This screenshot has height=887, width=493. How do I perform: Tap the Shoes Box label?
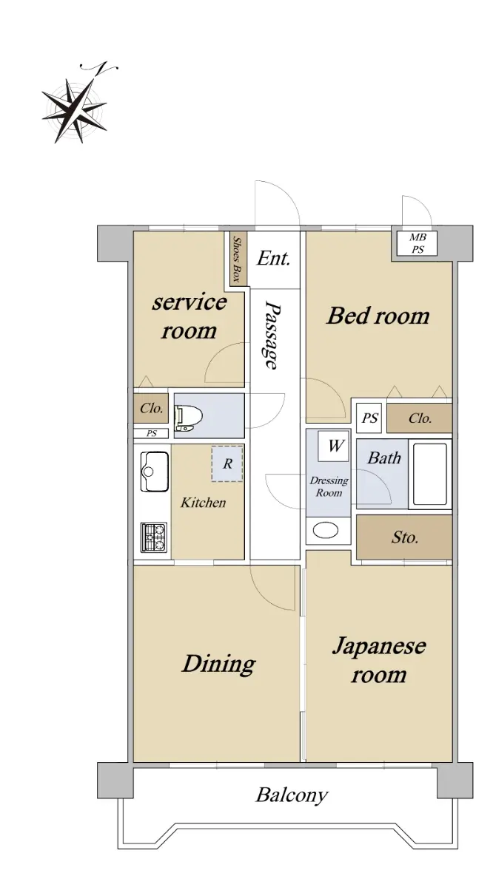click(237, 259)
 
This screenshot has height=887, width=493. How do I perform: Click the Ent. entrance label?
click(273, 259)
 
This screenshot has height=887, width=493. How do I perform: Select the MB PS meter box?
click(417, 243)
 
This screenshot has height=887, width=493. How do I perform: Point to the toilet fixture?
click(189, 418)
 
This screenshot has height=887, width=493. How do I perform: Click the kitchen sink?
click(154, 472)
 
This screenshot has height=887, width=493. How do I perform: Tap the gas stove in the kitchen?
click(154, 537)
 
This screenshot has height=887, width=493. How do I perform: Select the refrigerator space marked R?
click(227, 463)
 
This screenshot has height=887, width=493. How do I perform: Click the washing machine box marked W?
click(334, 446)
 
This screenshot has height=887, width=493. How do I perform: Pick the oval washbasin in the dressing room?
click(326, 530)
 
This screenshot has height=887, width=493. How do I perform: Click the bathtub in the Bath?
click(430, 474)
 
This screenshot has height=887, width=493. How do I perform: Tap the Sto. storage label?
click(405, 537)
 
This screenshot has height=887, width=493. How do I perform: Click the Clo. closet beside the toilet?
click(151, 408)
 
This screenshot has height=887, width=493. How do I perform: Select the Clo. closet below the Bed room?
click(420, 418)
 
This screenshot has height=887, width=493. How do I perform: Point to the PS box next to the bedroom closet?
click(369, 418)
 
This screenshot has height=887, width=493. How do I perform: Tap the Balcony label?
click(292, 795)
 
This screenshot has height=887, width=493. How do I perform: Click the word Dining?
click(218, 665)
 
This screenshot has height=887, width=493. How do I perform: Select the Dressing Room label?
click(329, 486)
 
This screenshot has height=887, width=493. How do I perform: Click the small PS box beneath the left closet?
click(152, 433)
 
